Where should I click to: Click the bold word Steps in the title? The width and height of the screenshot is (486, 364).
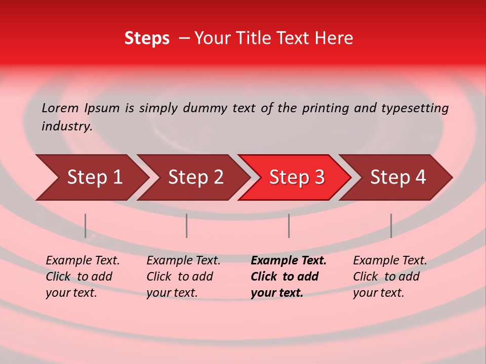pos(147,38)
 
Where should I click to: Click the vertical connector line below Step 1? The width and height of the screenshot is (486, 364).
pos(86,225)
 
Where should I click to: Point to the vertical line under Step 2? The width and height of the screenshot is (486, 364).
pos(187,225)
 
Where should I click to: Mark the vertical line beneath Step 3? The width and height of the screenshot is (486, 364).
pos(289,225)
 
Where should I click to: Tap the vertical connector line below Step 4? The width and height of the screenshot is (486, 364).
pos(391,225)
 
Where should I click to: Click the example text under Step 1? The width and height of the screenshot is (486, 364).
pos(83,277)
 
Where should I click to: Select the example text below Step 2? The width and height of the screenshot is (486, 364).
pos(183,277)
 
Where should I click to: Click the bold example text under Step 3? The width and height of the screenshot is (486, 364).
pos(289,277)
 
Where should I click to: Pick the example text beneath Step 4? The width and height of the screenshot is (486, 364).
pos(390,277)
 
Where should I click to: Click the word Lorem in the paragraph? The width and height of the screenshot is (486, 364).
pos(60,108)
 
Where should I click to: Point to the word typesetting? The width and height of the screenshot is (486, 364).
pos(415,108)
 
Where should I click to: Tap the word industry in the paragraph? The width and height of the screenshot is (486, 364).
pos(66,126)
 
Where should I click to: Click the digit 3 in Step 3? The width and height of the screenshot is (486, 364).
pos(319,177)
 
